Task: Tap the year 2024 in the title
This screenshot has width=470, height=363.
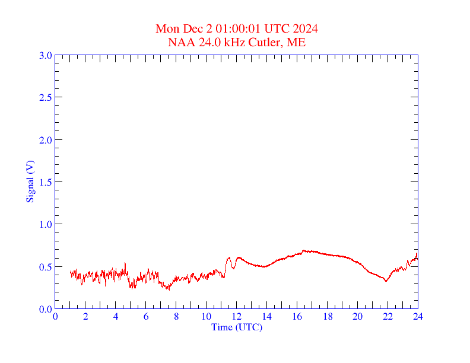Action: point(306,29)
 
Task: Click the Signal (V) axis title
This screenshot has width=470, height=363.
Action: point(30,181)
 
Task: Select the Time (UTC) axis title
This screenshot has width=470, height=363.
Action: point(236,327)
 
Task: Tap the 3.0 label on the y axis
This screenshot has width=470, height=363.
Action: point(45,55)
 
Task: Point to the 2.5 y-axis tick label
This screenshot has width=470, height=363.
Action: point(45,97)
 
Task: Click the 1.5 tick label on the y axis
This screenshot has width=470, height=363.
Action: point(45,182)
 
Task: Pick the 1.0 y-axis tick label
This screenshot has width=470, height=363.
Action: point(45,224)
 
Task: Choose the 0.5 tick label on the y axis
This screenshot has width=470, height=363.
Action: point(45,267)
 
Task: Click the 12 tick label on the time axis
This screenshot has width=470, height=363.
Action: point(237,316)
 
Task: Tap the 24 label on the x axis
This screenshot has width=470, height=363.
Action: point(418,316)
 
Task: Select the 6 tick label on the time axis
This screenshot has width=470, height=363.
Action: point(146,316)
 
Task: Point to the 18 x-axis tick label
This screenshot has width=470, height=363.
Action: point(328,316)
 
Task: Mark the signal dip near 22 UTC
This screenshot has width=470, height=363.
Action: point(386,281)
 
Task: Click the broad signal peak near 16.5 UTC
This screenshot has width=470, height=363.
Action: point(305,251)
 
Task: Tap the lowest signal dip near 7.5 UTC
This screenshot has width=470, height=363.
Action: point(169,289)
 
